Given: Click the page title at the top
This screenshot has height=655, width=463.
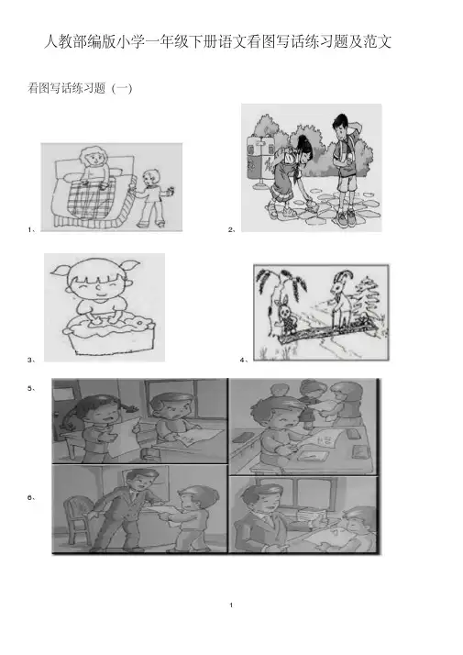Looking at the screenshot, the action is (x=217, y=42).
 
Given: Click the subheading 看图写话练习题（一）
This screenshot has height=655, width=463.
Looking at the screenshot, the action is (x=80, y=89).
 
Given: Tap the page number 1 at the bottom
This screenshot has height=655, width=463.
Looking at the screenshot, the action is (x=231, y=605).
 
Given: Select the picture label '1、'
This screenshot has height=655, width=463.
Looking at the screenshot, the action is (x=32, y=229).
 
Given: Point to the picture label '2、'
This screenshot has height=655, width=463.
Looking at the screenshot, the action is (x=232, y=229).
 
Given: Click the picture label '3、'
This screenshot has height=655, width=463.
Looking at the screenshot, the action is (x=32, y=360).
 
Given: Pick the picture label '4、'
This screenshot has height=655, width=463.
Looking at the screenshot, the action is (x=244, y=360).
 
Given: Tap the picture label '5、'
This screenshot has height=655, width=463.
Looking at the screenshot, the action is (x=32, y=388).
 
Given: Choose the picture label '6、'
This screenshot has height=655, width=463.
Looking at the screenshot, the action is (x=32, y=497).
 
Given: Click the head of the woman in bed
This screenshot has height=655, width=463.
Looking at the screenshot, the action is (x=94, y=157).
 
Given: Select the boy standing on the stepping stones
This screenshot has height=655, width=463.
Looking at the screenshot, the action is (x=346, y=169).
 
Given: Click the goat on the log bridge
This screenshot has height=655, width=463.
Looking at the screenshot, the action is (x=341, y=299).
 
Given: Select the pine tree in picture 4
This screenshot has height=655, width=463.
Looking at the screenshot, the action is (x=368, y=302).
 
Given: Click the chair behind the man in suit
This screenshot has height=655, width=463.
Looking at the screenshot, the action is (x=76, y=519).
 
